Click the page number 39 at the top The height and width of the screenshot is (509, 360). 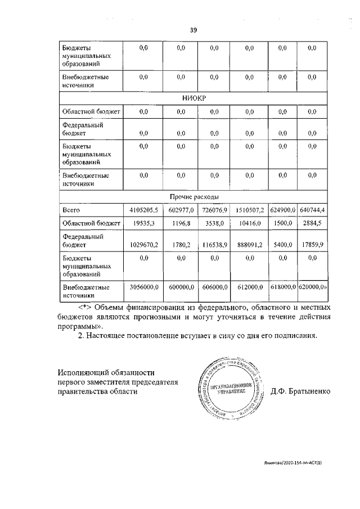(x=193, y=30)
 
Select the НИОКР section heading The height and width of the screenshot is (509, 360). (x=192, y=98)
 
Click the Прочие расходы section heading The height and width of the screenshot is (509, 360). (x=192, y=197)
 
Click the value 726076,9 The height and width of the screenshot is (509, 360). (x=213, y=210)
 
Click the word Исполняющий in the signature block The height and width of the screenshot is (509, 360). (x=83, y=373)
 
